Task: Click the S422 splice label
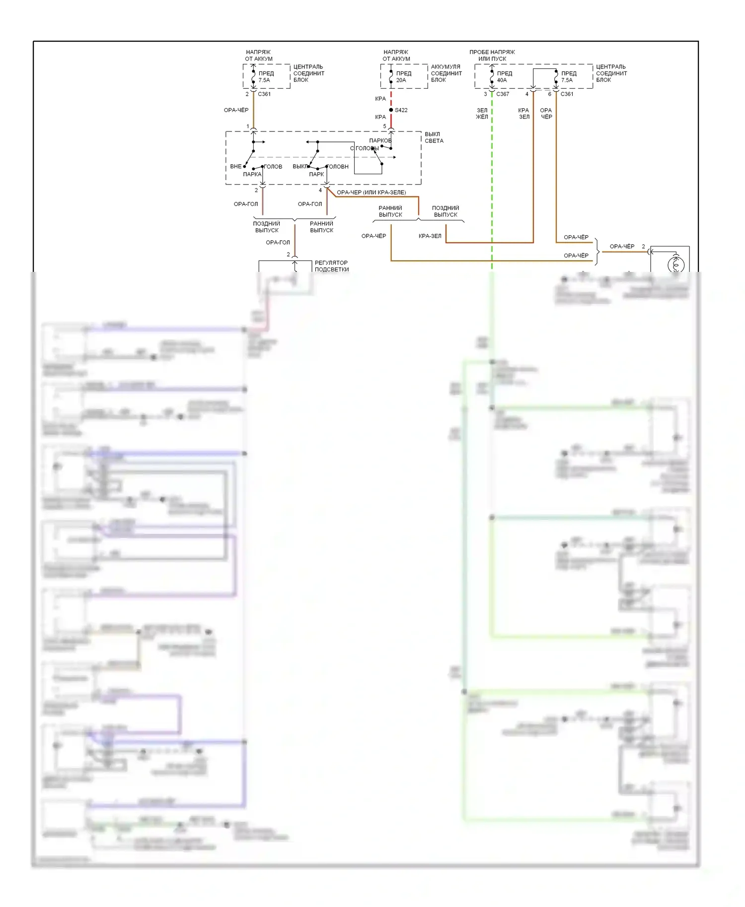click(x=401, y=110)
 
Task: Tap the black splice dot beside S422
click(x=391, y=110)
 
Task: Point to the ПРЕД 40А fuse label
click(x=504, y=76)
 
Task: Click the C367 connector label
click(x=503, y=94)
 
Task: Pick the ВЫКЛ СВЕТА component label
click(x=434, y=137)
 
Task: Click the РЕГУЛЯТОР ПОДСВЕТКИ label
click(x=331, y=266)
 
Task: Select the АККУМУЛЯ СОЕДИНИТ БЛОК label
click(x=446, y=73)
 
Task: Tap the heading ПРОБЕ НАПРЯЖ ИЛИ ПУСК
click(x=492, y=55)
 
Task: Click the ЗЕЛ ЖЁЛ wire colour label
click(x=482, y=114)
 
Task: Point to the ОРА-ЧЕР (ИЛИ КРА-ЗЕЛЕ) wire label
click(x=371, y=193)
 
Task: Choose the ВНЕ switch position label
click(x=235, y=167)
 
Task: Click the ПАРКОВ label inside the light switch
click(x=380, y=140)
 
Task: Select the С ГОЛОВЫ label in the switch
click(x=364, y=148)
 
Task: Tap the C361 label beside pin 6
click(x=567, y=94)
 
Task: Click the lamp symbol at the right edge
click(x=675, y=264)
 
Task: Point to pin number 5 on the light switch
click(x=384, y=127)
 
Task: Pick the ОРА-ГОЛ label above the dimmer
click(x=278, y=243)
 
